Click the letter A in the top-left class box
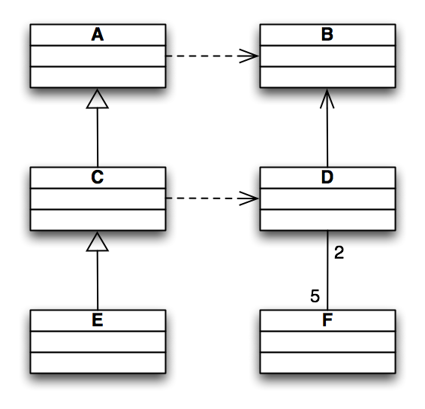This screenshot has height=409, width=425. tap(98, 35)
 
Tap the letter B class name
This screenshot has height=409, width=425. tap(327, 35)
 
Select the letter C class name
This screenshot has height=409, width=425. tap(98, 177)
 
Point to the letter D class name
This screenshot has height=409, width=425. tap(327, 177)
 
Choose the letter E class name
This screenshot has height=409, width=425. tap(98, 320)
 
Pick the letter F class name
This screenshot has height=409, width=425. tap(327, 320)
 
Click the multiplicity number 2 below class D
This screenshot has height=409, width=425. tap(339, 253)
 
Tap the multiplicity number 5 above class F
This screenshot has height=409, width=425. tap(315, 296)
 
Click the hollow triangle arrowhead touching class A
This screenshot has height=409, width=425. tap(98, 98)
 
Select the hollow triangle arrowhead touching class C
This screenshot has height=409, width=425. tap(98, 241)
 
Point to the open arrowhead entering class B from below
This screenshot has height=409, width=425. tap(327, 98)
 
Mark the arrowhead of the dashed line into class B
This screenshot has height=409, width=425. tap(249, 56)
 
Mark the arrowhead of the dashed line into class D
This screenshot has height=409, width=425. tap(249, 198)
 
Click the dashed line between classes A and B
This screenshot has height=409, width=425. tap(212, 56)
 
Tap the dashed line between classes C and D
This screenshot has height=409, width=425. tap(212, 198)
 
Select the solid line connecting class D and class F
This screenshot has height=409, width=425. tap(327, 271)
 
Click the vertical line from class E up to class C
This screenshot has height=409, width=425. tap(98, 280)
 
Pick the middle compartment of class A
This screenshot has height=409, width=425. tap(98, 56)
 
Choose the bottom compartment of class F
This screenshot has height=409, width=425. tap(327, 362)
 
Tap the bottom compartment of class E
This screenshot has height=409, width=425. tap(98, 362)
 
